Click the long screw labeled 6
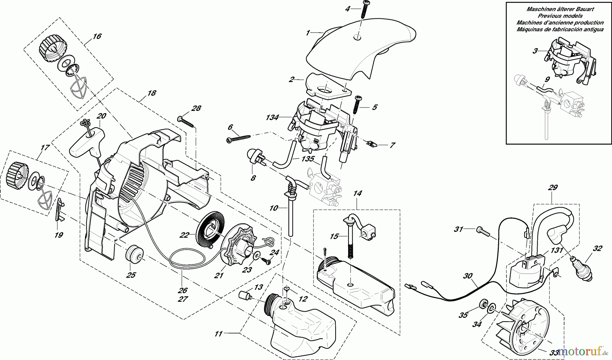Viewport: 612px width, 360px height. coord(238,138)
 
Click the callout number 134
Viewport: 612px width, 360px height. coord(273,117)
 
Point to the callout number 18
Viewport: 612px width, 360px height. coord(151,93)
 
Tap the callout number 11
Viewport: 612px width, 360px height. coord(218,334)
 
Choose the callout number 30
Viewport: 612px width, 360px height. coord(468,276)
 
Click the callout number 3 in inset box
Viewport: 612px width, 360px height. coord(535,51)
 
